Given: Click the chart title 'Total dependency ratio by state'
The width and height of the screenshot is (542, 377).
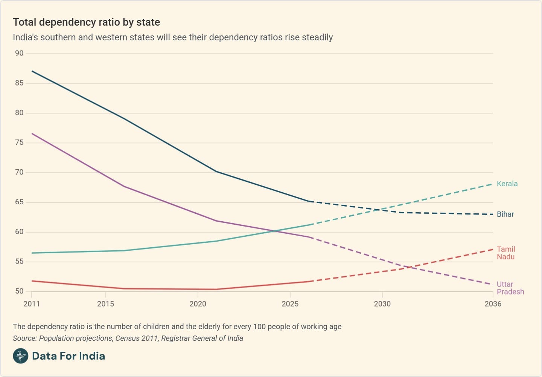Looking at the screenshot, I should (x=86, y=22).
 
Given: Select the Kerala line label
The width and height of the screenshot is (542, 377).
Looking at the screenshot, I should (x=507, y=184).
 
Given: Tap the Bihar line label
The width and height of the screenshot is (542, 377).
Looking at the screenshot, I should (x=505, y=215).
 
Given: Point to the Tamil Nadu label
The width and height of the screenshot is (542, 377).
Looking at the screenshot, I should (x=505, y=253).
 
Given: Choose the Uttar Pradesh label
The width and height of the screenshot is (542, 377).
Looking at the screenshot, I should (x=510, y=288).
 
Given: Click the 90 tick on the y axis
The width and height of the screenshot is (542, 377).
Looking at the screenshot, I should (x=19, y=54).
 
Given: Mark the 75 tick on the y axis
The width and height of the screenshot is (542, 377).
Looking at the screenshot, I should (x=19, y=143).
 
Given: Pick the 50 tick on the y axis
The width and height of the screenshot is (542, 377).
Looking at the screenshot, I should (x=19, y=291).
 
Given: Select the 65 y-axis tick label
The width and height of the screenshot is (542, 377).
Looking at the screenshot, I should (x=19, y=202).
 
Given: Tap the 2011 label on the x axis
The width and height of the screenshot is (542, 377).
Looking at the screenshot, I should (x=32, y=304).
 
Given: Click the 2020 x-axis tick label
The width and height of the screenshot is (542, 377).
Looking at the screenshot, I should (x=198, y=304).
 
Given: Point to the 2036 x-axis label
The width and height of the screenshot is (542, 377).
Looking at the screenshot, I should (x=493, y=304).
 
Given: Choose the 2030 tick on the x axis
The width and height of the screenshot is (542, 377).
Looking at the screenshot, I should (x=382, y=304).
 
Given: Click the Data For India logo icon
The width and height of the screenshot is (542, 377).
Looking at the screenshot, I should (x=20, y=356).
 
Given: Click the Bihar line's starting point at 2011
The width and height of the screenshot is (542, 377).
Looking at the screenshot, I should (x=32, y=71).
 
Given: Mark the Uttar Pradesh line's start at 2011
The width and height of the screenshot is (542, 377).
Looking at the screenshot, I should (x=32, y=133).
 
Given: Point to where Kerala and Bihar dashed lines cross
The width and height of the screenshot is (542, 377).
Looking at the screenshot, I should (x=383, y=209).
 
